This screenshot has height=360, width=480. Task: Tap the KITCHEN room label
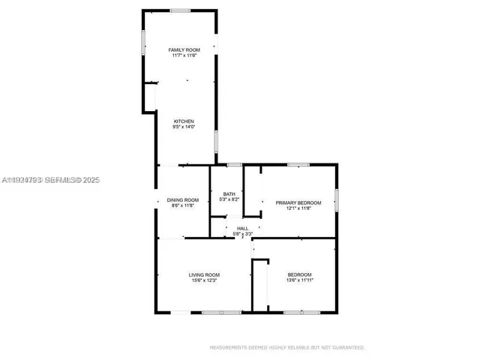[184, 121]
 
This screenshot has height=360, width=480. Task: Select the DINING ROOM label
[183, 199]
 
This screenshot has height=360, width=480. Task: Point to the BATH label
[229, 194]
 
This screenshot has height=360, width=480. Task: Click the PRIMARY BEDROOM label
[298, 203]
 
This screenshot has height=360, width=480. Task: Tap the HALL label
[242, 229]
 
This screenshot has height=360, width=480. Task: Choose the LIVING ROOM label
[203, 275]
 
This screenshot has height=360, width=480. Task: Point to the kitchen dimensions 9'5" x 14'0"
[184, 127]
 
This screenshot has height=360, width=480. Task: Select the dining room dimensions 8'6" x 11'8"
[183, 205]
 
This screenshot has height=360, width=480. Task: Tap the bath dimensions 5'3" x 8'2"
[229, 199]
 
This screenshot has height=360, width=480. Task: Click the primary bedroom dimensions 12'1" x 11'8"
[298, 208]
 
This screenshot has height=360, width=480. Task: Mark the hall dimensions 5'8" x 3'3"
[242, 234]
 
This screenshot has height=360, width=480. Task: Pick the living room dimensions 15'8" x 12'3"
[203, 280]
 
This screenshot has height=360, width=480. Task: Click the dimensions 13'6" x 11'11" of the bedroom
[299, 280]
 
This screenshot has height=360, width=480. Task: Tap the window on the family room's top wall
[180, 10]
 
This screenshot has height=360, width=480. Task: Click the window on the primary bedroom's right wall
[337, 199]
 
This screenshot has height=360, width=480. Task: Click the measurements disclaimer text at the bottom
[287, 348]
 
